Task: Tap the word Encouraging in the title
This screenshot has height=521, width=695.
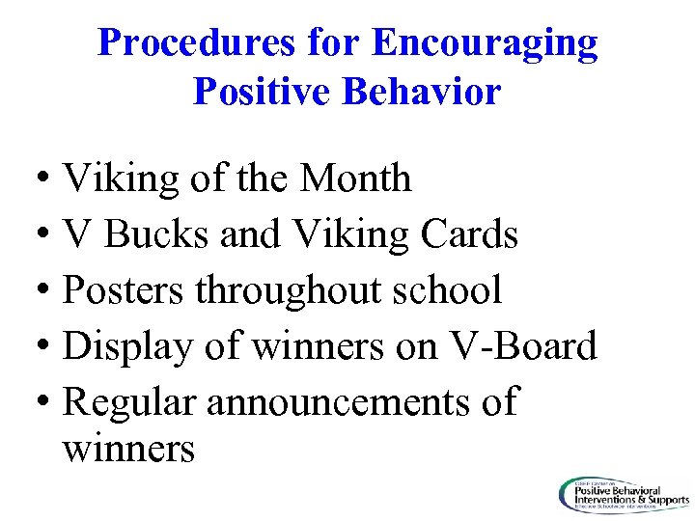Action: (x=485, y=43)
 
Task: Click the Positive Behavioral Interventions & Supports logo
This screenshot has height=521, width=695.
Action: (x=622, y=495)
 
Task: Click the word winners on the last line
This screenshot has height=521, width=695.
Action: (x=128, y=449)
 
